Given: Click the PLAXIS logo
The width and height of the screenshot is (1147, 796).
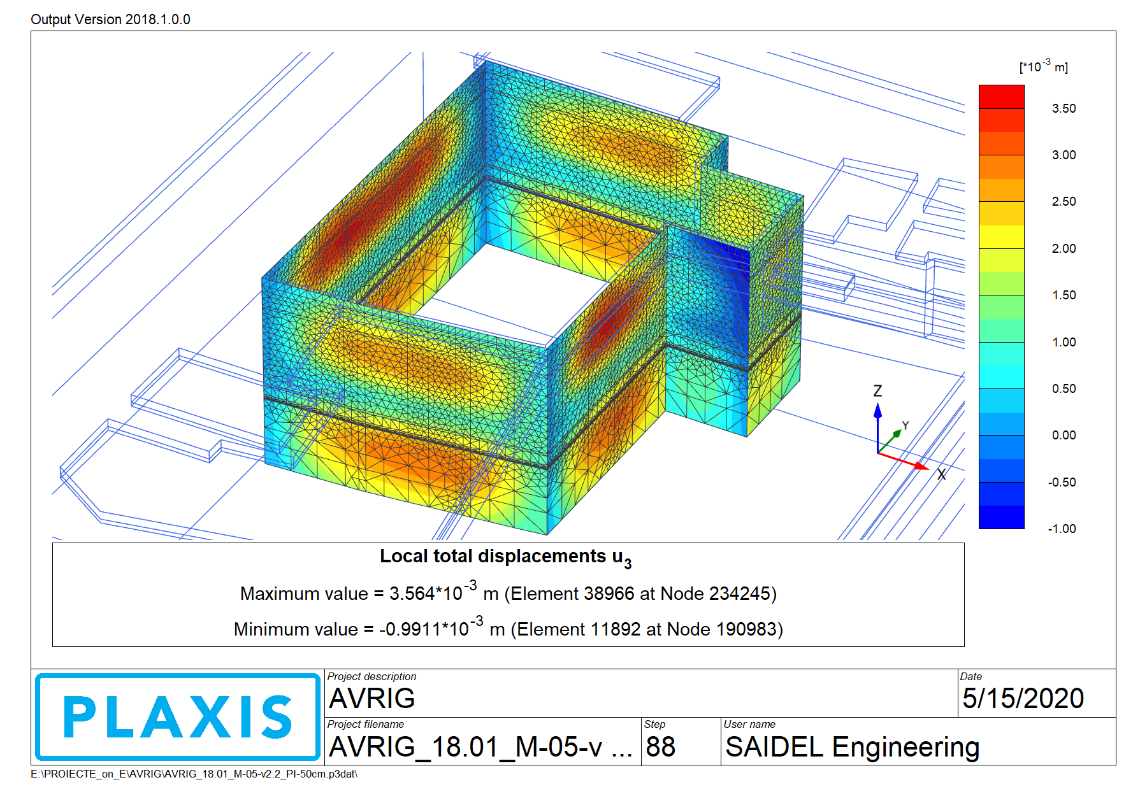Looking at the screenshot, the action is pos(178,717).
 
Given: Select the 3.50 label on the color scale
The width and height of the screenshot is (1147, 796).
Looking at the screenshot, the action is pos(1064,109).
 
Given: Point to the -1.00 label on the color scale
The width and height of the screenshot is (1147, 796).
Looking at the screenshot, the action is pos(1062,529).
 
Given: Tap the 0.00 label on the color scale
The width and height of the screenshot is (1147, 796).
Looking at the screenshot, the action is pos(1064,436).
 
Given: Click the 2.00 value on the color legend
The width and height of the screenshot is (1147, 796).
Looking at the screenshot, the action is pos(1064,249).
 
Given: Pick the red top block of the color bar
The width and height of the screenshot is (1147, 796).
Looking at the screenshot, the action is pos(1001,97).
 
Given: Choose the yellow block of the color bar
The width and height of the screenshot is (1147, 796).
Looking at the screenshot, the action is pos(1001,237).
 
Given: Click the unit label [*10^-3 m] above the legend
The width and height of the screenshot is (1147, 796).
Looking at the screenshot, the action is pos(1043,66).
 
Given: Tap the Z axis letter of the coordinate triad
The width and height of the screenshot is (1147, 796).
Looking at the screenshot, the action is pos(877,391).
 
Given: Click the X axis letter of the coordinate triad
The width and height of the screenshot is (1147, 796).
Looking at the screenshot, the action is pos(941,474).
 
